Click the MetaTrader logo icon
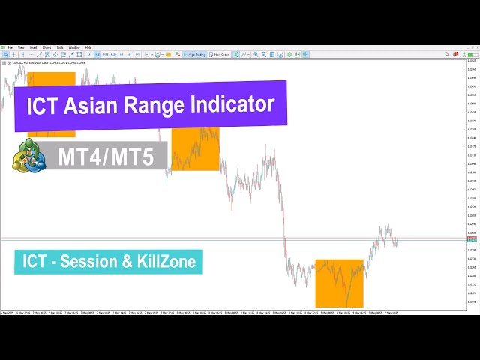28,156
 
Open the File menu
10,47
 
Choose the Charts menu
46,47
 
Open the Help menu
88,47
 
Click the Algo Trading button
194,55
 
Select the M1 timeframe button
89,55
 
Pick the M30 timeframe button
113,55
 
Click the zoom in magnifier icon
255,55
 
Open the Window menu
74,47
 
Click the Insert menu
33,47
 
